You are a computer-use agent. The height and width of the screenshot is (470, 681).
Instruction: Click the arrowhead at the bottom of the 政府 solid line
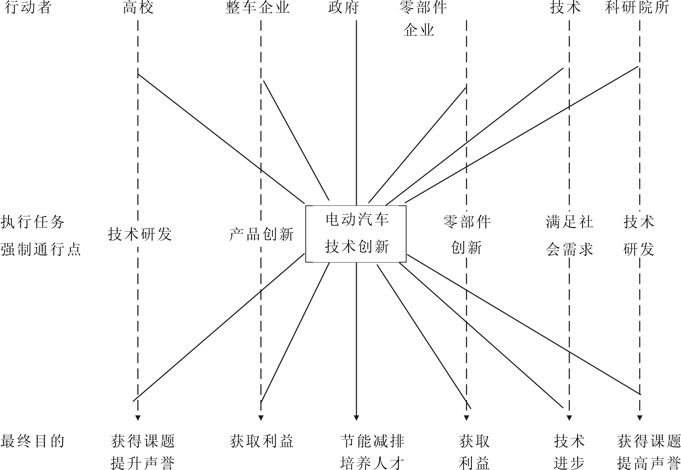356,418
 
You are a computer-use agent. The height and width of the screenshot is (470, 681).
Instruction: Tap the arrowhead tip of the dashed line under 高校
138,421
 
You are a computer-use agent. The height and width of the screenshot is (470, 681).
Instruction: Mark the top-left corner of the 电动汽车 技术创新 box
306,206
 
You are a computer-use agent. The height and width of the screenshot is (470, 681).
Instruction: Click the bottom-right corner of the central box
406,262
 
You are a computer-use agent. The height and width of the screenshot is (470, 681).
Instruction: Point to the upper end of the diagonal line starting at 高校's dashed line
138,74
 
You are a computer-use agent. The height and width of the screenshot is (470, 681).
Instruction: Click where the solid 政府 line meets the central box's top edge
356,206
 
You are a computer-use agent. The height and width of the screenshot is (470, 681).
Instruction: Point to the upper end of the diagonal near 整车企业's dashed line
264,81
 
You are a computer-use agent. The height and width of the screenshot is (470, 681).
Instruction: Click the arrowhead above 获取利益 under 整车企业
261,418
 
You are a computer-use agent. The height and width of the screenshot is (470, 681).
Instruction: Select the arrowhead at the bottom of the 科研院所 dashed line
639,418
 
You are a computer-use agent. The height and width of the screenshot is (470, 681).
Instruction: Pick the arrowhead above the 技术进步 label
569,418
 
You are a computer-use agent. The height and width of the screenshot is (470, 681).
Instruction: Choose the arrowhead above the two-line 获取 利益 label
466,418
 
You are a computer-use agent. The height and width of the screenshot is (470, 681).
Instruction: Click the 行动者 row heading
28,8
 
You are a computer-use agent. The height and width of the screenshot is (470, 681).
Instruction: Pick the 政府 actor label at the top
344,8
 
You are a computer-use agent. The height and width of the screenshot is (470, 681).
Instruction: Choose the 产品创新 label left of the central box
262,234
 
